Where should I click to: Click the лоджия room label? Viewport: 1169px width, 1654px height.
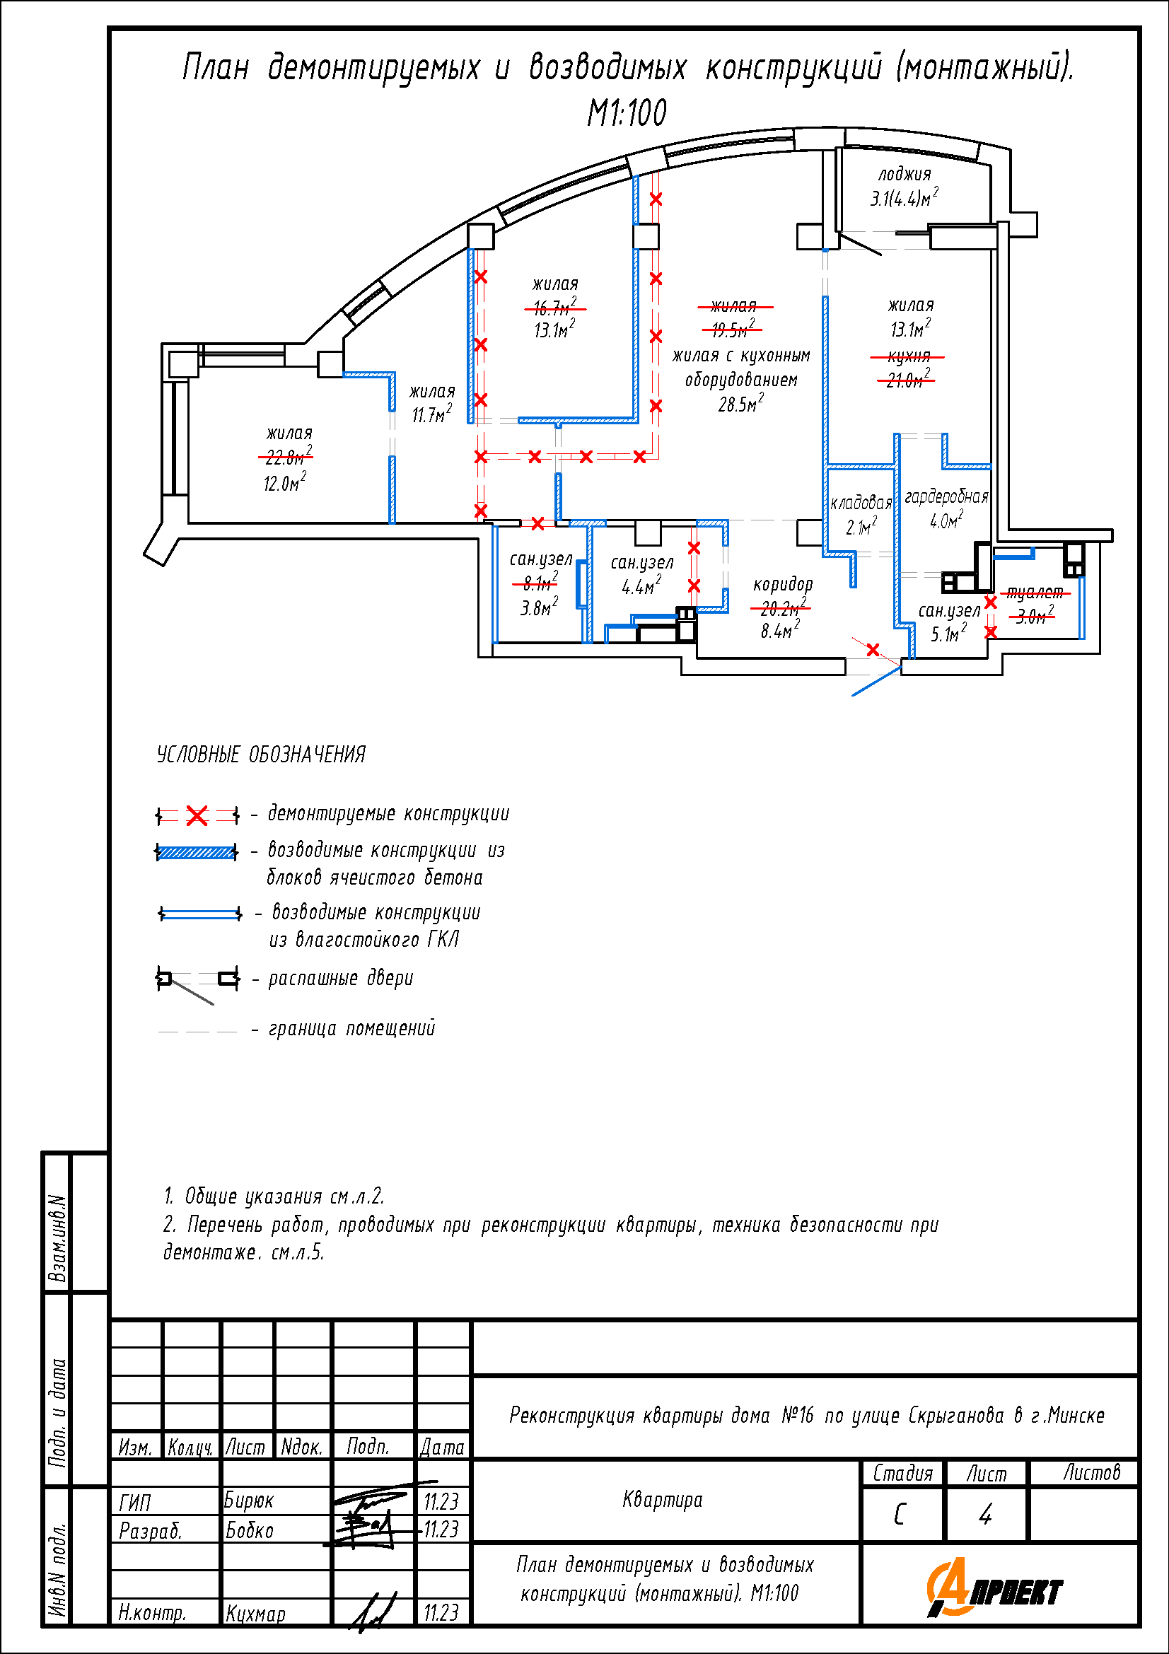coord(904,175)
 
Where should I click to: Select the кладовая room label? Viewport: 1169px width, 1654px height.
coord(861,503)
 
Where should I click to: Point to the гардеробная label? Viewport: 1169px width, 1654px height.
coord(946,496)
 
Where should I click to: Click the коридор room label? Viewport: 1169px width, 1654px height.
coord(782,584)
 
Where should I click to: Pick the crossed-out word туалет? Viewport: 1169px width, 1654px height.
coord(1035,592)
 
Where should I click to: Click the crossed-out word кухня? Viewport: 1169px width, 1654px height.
coord(908,356)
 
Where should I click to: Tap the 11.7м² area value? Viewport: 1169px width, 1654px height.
coord(431,415)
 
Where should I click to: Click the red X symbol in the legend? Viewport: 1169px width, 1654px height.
coord(197,815)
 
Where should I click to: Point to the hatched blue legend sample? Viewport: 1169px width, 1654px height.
coord(197,853)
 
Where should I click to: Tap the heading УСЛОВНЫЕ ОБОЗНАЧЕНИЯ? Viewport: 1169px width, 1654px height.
coord(261,755)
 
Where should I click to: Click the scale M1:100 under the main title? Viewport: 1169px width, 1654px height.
coord(627,113)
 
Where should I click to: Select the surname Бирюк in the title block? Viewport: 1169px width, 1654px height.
coord(248,1500)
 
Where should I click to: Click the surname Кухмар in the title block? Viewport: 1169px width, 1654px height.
coord(256,1614)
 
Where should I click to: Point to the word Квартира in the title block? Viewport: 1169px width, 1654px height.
coord(662,1500)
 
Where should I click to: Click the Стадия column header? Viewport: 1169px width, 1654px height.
coord(902,1473)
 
